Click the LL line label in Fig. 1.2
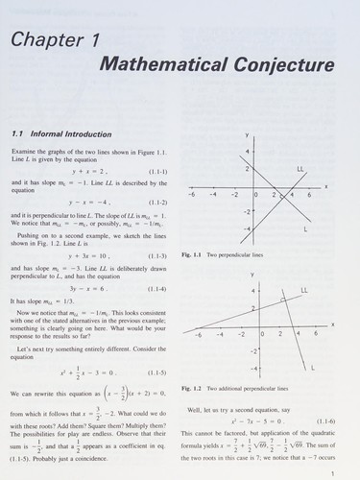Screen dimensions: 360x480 (x=303, y=289)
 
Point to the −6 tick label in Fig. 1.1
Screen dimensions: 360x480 (x=191, y=195)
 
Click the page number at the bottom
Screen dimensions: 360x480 (x=331, y=471)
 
